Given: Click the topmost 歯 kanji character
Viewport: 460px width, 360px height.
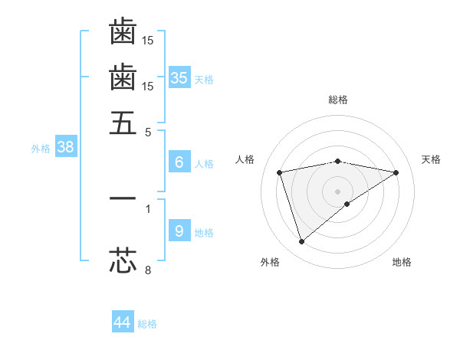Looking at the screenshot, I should [123, 31].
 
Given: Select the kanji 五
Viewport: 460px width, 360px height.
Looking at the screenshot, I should [123, 123].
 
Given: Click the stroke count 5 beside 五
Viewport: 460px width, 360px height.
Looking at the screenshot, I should [149, 131].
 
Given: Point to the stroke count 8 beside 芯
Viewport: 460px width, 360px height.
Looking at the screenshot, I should [149, 269].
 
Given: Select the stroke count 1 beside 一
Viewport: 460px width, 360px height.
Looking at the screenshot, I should [148, 208].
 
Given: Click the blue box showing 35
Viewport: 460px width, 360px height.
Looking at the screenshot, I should [179, 77].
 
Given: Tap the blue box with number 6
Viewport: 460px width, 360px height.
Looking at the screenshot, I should [179, 162].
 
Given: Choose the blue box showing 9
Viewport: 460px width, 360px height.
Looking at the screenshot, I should [179, 231].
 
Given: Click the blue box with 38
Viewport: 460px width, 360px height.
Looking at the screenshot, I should [65, 148].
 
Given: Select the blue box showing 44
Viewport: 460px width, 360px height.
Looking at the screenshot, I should [123, 322].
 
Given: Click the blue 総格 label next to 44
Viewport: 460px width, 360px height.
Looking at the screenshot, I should [147, 324].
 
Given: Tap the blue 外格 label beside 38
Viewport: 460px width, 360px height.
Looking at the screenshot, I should [40, 149].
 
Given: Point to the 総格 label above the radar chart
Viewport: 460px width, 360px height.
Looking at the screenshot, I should [338, 100].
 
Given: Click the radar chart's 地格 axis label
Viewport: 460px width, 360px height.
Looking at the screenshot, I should [402, 262].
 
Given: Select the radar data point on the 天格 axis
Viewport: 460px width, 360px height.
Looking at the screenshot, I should [396, 172].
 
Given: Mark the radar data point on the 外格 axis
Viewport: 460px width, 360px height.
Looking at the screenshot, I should [301, 242].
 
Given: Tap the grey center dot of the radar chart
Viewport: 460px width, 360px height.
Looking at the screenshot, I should [338, 191].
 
